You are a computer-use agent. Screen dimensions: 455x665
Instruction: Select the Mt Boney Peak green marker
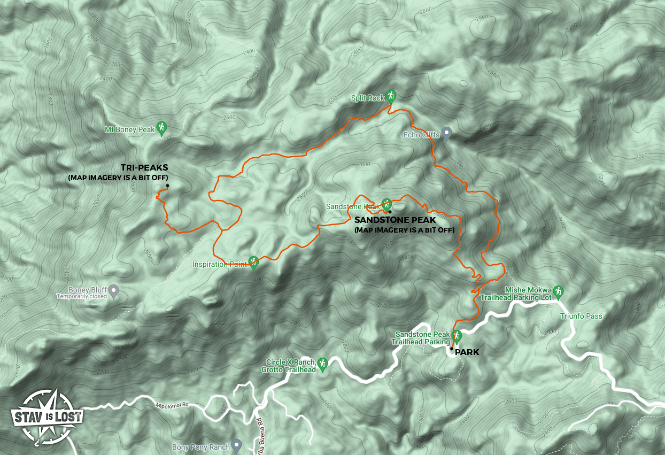tap(162, 128)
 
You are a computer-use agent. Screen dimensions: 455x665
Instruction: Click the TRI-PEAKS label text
tap(144, 168)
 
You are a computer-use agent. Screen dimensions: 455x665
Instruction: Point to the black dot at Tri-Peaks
tap(167, 186)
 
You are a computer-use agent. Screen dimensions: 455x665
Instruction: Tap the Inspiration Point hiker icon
tap(254, 262)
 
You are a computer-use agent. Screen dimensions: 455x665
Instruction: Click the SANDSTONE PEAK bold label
tap(395, 220)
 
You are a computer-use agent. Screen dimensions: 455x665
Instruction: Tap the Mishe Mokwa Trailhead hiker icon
tap(558, 291)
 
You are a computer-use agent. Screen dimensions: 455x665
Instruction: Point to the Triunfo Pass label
tap(581, 316)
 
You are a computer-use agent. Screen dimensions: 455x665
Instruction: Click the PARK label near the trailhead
tap(467, 352)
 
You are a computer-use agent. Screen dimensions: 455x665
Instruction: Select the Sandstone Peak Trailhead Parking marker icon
tap(457, 336)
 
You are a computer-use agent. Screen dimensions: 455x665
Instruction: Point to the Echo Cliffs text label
tap(421, 135)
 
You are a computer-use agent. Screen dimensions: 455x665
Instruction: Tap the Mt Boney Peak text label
tap(130, 129)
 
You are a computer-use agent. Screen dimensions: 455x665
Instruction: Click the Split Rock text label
tap(367, 98)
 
